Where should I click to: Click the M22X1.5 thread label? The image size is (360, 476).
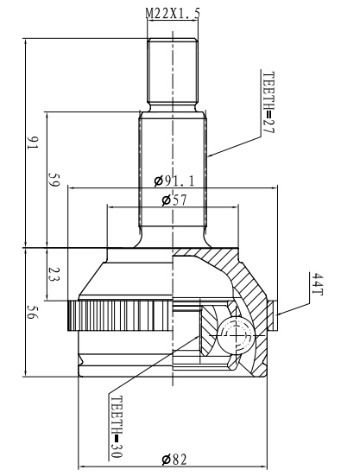[173, 13]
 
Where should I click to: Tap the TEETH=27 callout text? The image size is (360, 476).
[268, 102]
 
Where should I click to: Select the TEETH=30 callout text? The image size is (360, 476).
[117, 427]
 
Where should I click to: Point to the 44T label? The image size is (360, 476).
[318, 284]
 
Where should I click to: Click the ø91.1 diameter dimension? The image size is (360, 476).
[174, 181]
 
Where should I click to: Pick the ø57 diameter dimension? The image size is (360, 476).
[174, 200]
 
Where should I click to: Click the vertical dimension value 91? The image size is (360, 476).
[33, 143]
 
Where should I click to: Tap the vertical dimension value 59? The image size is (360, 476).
[54, 180]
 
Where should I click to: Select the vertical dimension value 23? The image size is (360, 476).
[54, 274]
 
